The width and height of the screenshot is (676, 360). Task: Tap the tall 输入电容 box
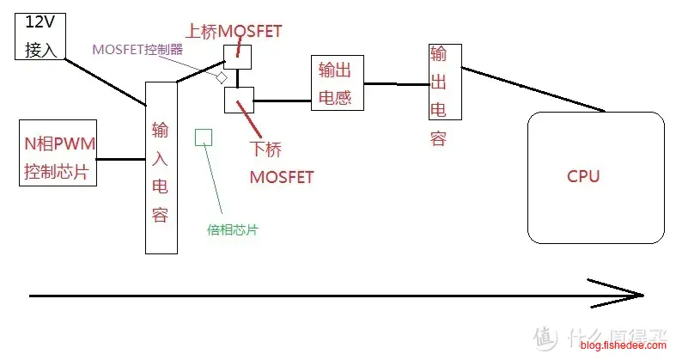[160, 168]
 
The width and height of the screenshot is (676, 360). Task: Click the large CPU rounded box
[594, 177]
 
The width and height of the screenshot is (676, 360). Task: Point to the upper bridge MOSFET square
[237, 57]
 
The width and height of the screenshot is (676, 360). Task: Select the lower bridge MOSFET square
[237, 100]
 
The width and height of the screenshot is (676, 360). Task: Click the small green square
[204, 137]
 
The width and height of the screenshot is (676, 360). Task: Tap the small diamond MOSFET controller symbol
[221, 77]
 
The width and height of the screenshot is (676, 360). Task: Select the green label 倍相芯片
[233, 230]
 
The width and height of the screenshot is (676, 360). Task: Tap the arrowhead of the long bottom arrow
[635, 295]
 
